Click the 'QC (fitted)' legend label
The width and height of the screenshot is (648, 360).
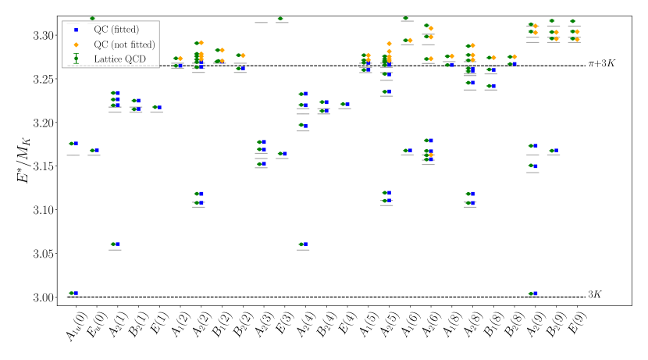pos(116,30)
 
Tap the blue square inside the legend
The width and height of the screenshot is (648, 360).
pos(76,30)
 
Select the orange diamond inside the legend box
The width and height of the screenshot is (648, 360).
pos(76,45)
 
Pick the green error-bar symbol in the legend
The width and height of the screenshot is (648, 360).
pos(76,59)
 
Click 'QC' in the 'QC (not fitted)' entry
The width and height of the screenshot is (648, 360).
pos(101,45)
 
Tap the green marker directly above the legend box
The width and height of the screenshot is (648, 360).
pos(91,18)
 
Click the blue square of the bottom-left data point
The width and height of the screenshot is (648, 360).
pos(75,294)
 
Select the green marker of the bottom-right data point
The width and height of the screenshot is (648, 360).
pos(531,294)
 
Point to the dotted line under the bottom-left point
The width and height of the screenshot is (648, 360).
pos(73,297)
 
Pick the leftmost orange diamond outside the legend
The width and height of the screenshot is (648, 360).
pos(180,58)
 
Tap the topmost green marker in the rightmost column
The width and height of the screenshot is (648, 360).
pos(572,21)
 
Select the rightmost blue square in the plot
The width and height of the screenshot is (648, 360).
pos(577,38)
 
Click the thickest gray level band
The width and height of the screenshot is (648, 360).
pos(470,74)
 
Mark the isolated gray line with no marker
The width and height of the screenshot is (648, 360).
pos(261,23)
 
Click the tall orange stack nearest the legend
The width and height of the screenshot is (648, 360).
pos(201,56)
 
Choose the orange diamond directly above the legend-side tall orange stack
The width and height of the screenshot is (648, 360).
pos(201,42)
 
